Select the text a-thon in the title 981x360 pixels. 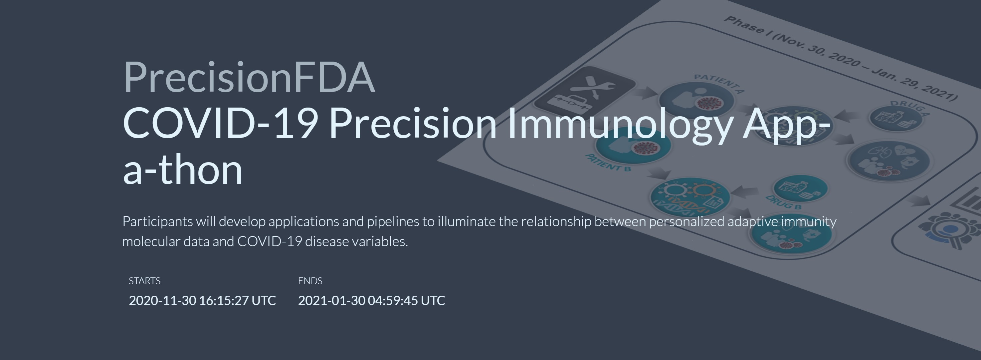tap(183, 170)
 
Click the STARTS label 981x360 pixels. tap(145, 281)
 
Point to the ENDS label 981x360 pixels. tap(310, 281)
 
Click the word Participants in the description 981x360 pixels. tap(158, 222)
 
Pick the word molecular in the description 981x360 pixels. tap(151, 241)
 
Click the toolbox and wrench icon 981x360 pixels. tap(585, 91)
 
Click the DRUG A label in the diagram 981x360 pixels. tap(910, 108)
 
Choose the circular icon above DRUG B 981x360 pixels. tap(801, 188)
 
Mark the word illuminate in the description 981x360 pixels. tap(467, 221)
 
